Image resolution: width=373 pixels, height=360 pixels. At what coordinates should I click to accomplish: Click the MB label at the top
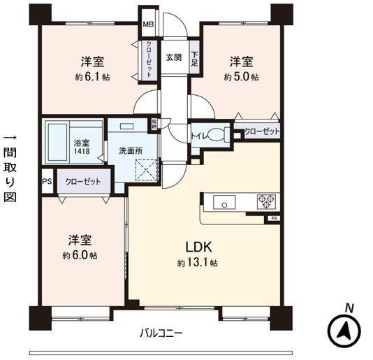point(148,25)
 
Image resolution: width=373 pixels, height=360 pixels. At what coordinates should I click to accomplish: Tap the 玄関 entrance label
point(174,57)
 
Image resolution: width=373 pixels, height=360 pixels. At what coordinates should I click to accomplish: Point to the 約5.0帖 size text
point(241,76)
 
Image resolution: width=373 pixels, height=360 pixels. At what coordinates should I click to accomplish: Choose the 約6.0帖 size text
point(79,255)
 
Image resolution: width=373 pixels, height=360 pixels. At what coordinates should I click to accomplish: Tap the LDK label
point(198,247)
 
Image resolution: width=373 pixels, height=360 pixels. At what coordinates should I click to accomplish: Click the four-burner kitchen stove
point(266,202)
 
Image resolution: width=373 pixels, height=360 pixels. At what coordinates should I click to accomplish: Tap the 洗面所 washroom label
point(132,150)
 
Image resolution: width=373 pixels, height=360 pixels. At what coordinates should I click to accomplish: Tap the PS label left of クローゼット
point(47,181)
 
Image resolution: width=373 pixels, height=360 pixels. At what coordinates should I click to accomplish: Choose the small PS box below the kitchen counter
point(273,219)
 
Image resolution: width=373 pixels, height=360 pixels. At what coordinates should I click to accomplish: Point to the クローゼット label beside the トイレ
point(261,131)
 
